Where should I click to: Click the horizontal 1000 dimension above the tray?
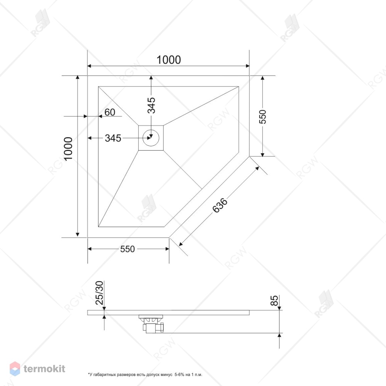[169, 60]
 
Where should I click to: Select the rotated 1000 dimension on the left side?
[68, 149]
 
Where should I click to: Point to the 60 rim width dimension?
[110, 112]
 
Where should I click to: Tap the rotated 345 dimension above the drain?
[151, 105]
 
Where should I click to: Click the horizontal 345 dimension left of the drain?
[113, 138]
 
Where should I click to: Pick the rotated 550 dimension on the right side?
[263, 117]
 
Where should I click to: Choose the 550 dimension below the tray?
[127, 249]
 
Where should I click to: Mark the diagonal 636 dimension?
[220, 205]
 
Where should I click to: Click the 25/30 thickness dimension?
[100, 293]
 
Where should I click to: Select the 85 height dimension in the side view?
[274, 300]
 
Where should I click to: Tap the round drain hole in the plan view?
[151, 138]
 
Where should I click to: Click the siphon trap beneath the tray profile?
[152, 324]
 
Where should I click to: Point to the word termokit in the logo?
[44, 369]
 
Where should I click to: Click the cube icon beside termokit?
[15, 369]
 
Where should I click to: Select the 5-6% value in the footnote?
[179, 375]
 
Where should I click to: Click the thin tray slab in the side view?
[168, 313]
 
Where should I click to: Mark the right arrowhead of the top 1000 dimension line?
[248, 66]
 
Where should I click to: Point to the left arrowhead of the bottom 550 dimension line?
[90, 249]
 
